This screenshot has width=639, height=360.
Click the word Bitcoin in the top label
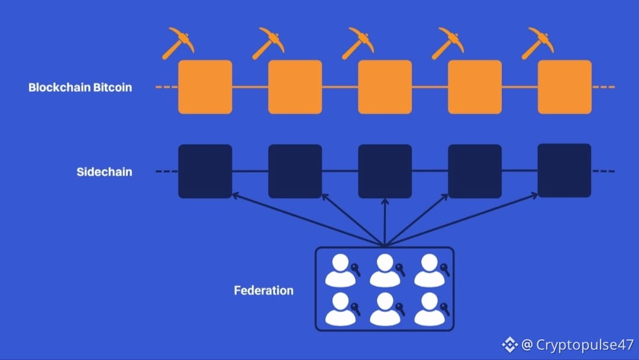pyautogui.click(x=111, y=88)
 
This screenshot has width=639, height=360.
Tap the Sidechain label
pyautogui.click(x=104, y=172)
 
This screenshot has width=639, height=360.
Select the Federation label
pyautogui.click(x=263, y=291)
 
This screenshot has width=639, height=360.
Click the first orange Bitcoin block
pyautogui.click(x=205, y=87)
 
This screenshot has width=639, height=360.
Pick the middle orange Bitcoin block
pyautogui.click(x=385, y=87)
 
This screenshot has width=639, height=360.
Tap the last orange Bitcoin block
pyautogui.click(x=564, y=87)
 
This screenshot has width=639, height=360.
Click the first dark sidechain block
pyautogui.click(x=205, y=171)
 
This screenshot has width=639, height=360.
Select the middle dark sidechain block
pyautogui.click(x=385, y=171)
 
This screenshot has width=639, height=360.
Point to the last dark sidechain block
pyautogui.click(x=564, y=171)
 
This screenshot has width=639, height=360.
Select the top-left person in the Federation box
pyautogui.click(x=340, y=270)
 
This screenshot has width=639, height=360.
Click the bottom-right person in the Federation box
pyautogui.click(x=429, y=308)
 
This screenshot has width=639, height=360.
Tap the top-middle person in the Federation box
pyautogui.click(x=385, y=270)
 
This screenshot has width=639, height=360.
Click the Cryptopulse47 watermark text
pyautogui.click(x=585, y=345)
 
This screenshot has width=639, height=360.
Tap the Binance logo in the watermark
pyautogui.click(x=509, y=344)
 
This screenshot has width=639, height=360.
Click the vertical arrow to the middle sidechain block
pyautogui.click(x=385, y=222)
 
